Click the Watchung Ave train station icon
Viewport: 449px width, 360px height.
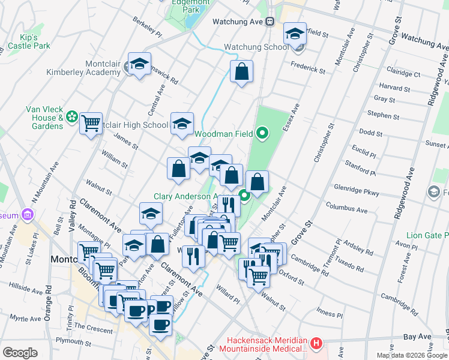coord(270,22)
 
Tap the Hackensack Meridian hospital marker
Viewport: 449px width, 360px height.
coord(316,344)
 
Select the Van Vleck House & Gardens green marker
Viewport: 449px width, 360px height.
coord(73,116)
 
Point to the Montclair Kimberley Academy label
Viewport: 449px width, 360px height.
coord(84,72)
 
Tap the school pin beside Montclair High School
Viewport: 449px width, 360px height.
coord(182,124)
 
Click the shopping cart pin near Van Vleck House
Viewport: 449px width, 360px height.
coord(91,124)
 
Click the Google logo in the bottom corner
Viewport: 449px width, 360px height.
coord(20,352)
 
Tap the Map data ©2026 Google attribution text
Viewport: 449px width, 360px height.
coord(412,355)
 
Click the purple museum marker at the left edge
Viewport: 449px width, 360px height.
coord(26,215)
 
